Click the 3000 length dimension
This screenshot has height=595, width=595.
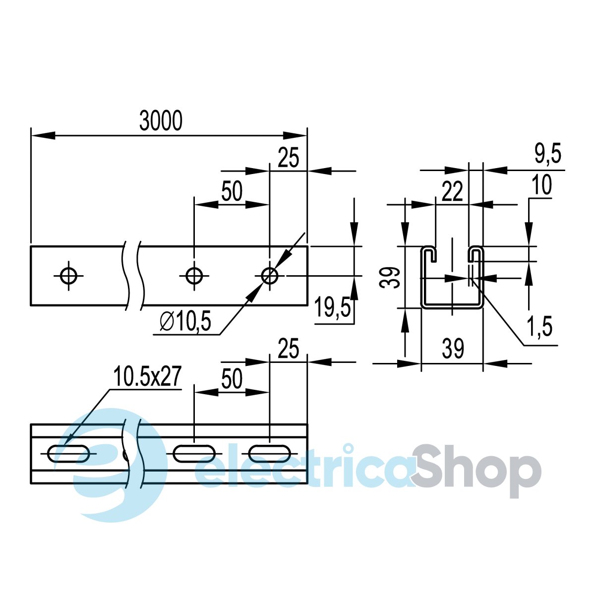161,120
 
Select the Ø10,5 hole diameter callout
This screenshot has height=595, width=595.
185,321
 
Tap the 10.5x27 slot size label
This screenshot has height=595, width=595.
147,377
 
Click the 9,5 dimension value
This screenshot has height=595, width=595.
548,153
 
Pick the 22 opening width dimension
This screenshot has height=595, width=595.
452,191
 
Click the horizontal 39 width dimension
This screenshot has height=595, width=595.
453,348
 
